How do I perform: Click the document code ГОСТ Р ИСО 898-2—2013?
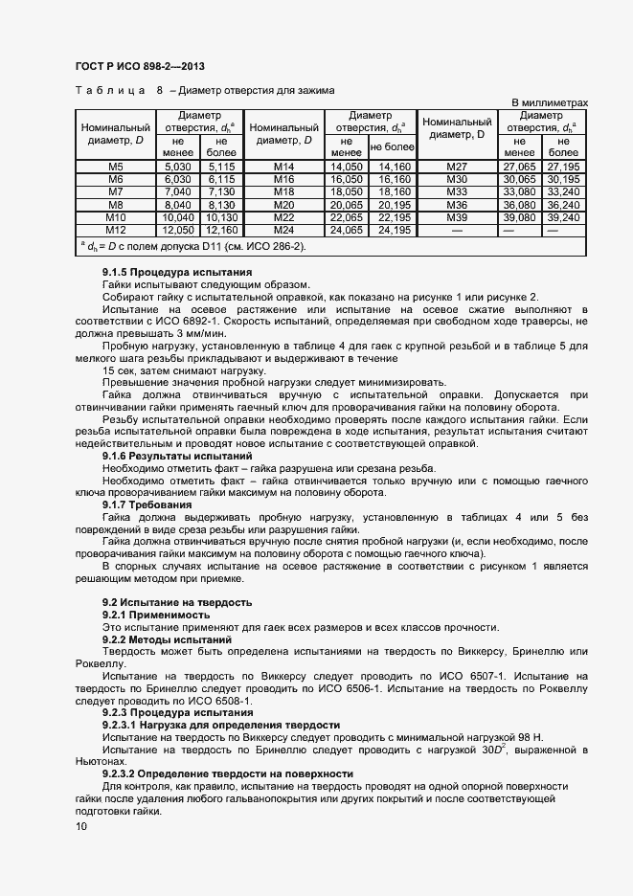(x=140, y=66)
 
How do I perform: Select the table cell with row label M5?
(x=116, y=167)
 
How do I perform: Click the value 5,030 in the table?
(x=179, y=167)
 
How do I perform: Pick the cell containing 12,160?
(x=221, y=230)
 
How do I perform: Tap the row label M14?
(x=283, y=167)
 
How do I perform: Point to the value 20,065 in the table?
(x=346, y=205)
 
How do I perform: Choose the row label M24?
(x=283, y=230)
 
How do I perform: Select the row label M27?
(x=458, y=167)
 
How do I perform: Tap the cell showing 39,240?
(x=564, y=217)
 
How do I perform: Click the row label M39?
(x=458, y=217)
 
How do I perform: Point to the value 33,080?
(x=519, y=191)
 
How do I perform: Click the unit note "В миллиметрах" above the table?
(x=549, y=102)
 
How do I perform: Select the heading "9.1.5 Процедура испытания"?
(x=164, y=273)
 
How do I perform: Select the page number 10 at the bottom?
(x=80, y=828)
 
